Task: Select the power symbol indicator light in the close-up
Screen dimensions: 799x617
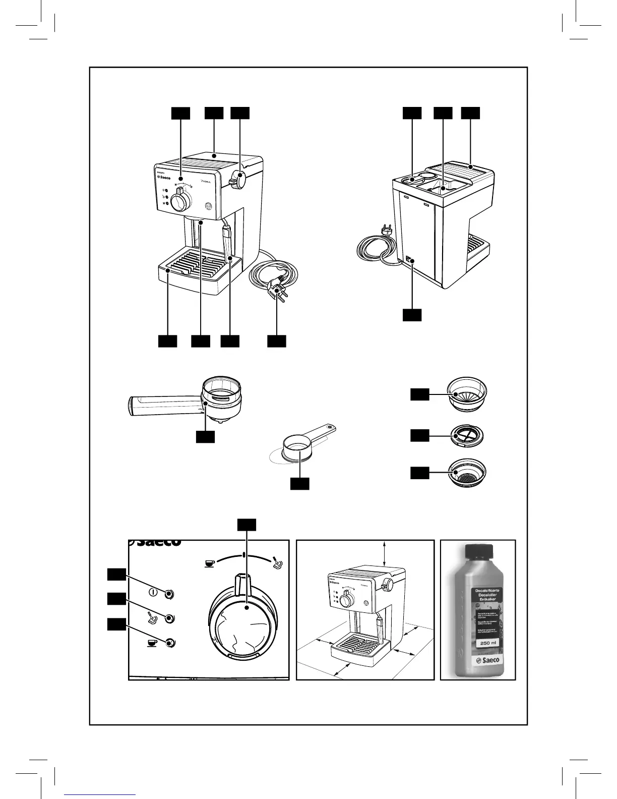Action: point(170,593)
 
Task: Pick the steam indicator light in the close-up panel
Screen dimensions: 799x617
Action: point(170,618)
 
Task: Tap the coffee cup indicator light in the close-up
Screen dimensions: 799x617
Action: point(170,643)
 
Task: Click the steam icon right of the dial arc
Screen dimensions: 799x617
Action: point(277,562)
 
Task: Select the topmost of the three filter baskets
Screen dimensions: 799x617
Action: point(468,394)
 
